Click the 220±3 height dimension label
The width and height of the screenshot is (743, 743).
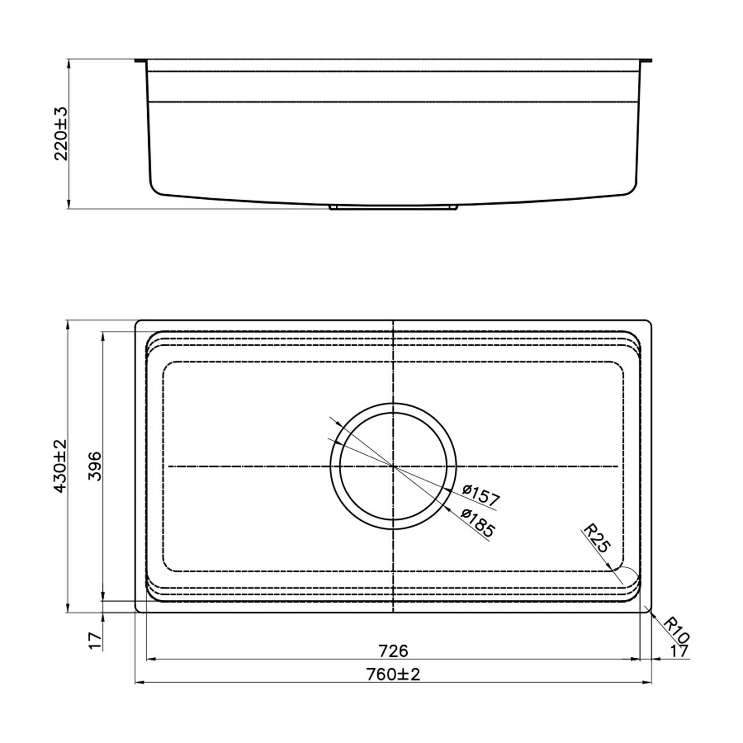coord(61,133)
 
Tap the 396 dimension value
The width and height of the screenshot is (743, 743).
coord(95,466)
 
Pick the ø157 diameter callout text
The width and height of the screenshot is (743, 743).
coord(480,496)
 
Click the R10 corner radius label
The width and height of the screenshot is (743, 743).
coord(676,630)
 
